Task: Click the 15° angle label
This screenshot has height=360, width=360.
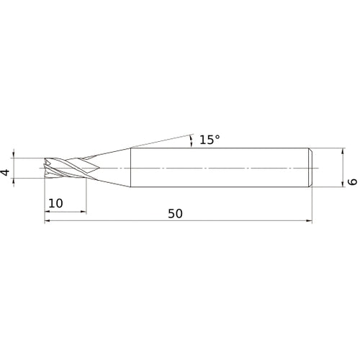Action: click(x=207, y=140)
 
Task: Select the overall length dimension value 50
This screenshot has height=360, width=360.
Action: click(x=174, y=213)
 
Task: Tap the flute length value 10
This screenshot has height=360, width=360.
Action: click(x=55, y=204)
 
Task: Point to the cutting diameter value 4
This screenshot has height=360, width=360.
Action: click(x=6, y=174)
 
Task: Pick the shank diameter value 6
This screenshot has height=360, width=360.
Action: click(x=352, y=183)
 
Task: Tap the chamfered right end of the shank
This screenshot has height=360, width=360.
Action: click(x=310, y=168)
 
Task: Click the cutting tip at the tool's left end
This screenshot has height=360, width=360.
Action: click(x=46, y=168)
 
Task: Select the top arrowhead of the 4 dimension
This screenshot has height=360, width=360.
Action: click(x=14, y=155)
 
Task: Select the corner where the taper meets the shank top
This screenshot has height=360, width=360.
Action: click(x=130, y=149)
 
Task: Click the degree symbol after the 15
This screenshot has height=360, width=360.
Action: click(x=217, y=137)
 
